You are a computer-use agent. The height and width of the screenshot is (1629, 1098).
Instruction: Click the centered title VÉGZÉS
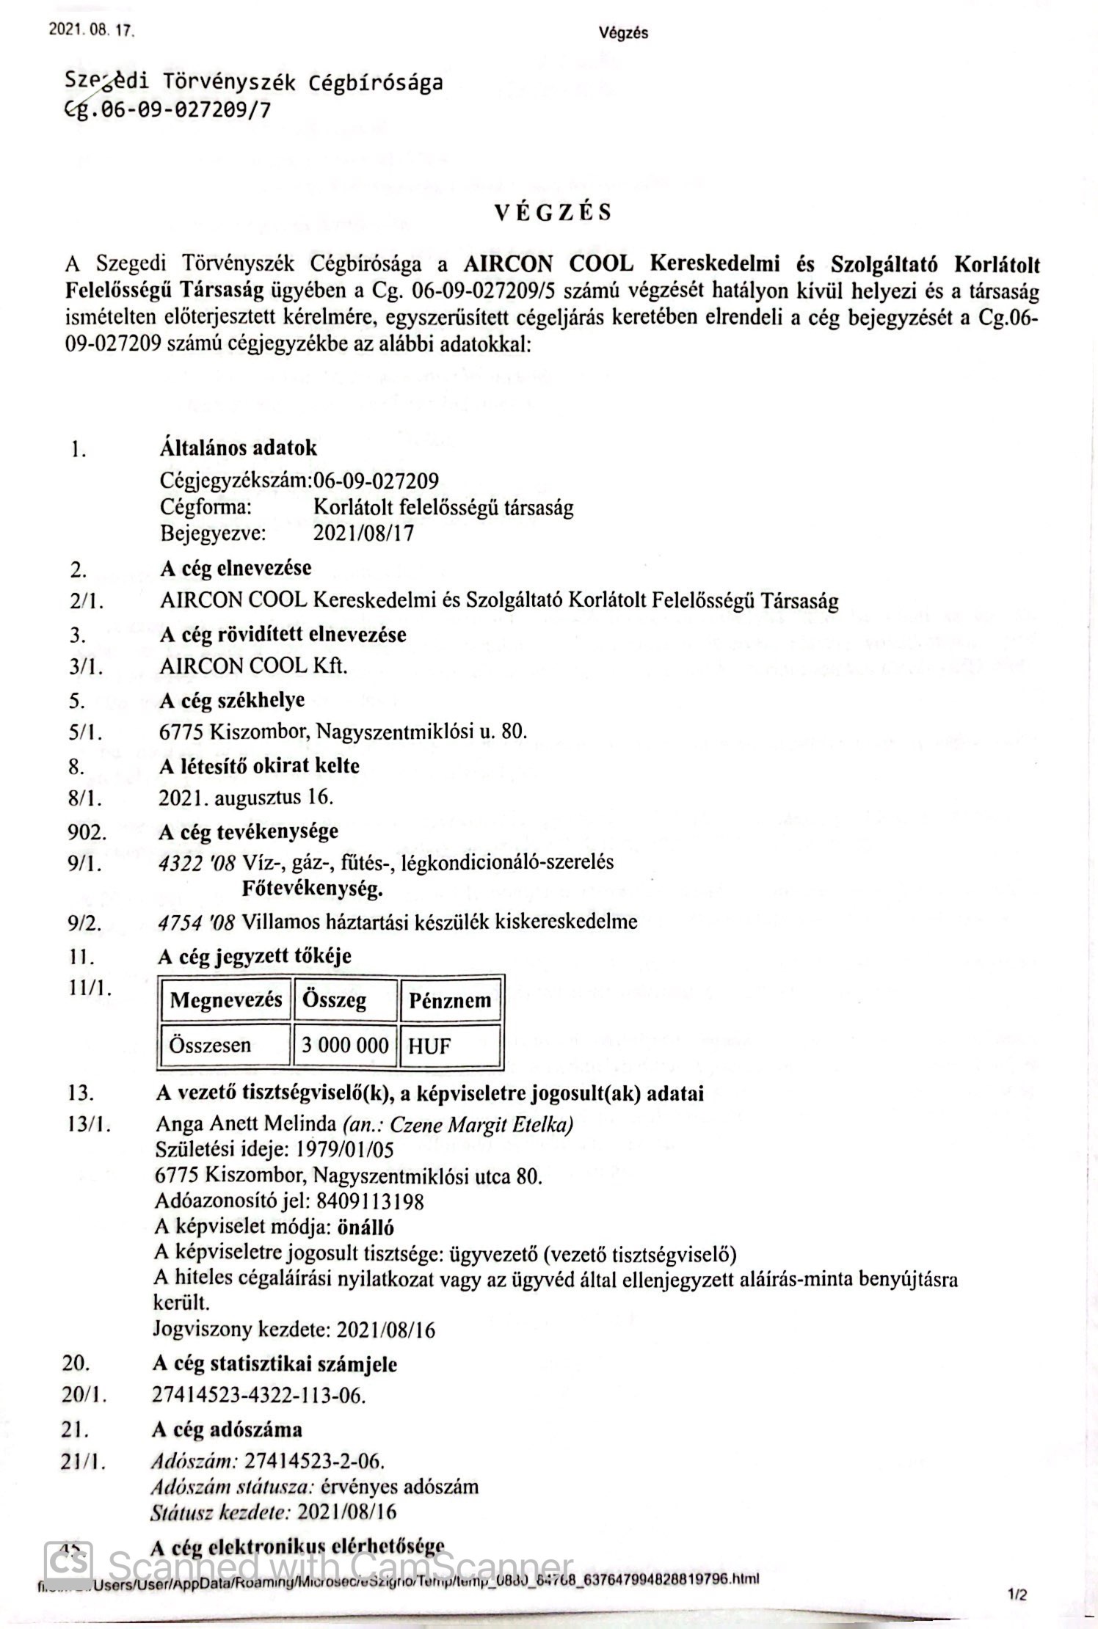point(552,213)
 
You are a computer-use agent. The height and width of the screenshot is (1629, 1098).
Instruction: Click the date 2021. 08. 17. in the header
point(92,32)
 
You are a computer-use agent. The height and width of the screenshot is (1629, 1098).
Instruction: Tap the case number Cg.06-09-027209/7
point(167,110)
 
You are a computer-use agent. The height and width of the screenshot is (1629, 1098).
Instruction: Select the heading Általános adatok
point(238,448)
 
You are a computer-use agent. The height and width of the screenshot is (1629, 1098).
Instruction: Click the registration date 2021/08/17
point(363,533)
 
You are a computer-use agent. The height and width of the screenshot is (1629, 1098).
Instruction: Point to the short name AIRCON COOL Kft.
point(253,666)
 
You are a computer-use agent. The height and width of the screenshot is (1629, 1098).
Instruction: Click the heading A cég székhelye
point(231,700)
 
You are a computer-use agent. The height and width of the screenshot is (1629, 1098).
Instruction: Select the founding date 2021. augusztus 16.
point(246,798)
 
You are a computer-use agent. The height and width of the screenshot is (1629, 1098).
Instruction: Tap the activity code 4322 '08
point(197,863)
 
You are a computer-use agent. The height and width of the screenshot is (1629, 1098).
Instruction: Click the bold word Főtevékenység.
point(312,890)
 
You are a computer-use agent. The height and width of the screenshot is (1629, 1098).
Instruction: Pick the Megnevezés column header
point(225,1000)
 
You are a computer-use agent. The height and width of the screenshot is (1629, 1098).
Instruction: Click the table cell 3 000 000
point(345,1045)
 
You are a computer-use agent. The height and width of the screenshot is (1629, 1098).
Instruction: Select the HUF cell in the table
point(429,1046)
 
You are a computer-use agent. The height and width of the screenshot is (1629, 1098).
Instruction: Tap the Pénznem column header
point(450,1000)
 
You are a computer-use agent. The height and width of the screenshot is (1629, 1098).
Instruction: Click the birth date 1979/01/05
point(350,1150)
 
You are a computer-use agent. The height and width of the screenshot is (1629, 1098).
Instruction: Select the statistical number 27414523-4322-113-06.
point(258,1395)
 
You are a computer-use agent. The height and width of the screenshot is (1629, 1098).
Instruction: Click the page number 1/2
point(1017,1595)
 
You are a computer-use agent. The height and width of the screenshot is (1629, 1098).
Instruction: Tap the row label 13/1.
point(90,1124)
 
